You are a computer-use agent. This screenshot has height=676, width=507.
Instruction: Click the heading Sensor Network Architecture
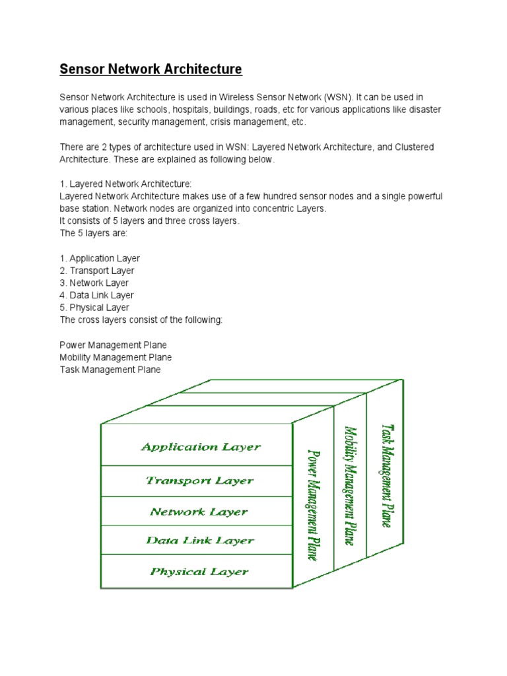pyautogui.click(x=151, y=69)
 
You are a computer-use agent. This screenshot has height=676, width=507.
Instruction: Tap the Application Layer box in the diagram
pyautogui.click(x=201, y=447)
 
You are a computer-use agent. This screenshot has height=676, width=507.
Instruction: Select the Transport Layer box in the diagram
pyautogui.click(x=199, y=481)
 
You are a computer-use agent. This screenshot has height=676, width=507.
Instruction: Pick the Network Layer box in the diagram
pyautogui.click(x=199, y=512)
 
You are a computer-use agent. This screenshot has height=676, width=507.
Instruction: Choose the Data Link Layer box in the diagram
pyautogui.click(x=199, y=541)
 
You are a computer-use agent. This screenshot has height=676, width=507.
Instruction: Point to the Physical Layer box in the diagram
pyautogui.click(x=199, y=572)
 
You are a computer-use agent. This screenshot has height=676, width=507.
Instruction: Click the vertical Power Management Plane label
pyautogui.click(x=314, y=505)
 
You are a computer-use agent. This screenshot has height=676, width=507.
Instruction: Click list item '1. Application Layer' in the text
pyautogui.click(x=100, y=259)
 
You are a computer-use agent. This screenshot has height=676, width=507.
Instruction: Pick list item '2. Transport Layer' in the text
pyautogui.click(x=97, y=271)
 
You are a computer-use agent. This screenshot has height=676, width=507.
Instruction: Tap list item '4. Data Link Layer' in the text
pyautogui.click(x=97, y=295)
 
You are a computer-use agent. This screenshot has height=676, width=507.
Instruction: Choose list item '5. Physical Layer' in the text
pyautogui.click(x=94, y=308)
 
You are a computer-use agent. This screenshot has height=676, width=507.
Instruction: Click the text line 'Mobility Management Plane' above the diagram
pyautogui.click(x=116, y=357)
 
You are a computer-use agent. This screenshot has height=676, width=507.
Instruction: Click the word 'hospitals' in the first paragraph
pyautogui.click(x=178, y=109)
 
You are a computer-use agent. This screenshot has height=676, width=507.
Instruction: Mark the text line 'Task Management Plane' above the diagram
pyautogui.click(x=110, y=370)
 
